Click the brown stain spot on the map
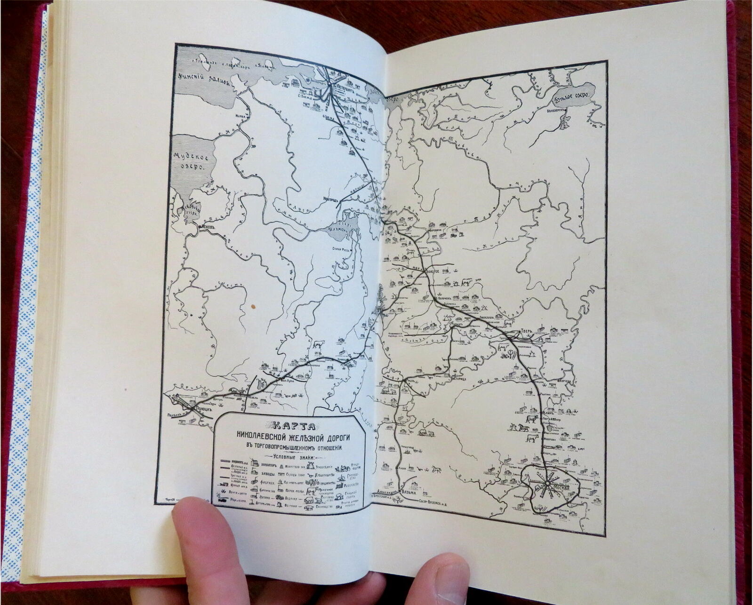[x=254, y=306]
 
